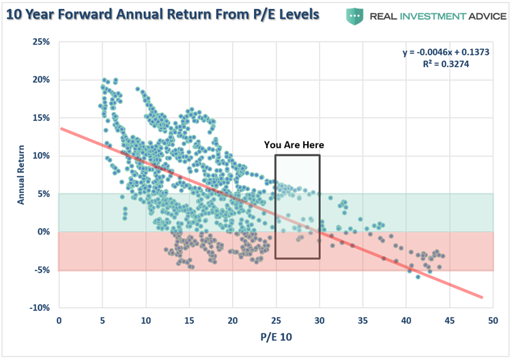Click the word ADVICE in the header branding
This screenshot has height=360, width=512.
coord(477,15)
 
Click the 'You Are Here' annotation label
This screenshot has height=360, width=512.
coord(294,145)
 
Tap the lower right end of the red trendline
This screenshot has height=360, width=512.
coord(481,297)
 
